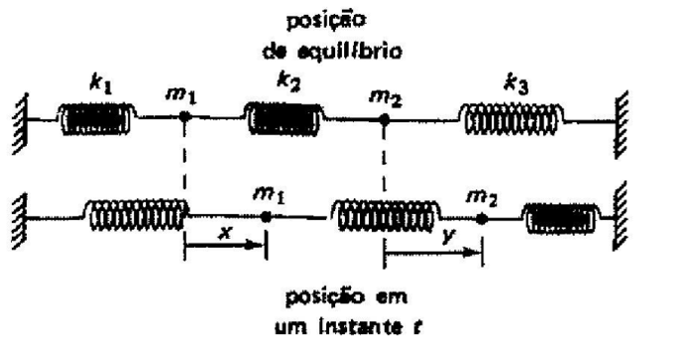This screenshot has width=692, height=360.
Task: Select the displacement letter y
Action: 432,233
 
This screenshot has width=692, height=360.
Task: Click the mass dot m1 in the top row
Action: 185,119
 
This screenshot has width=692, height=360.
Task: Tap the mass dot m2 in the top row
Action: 383,119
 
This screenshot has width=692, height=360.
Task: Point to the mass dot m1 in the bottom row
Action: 265,212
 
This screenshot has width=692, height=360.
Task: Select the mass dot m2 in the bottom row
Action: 482,212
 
